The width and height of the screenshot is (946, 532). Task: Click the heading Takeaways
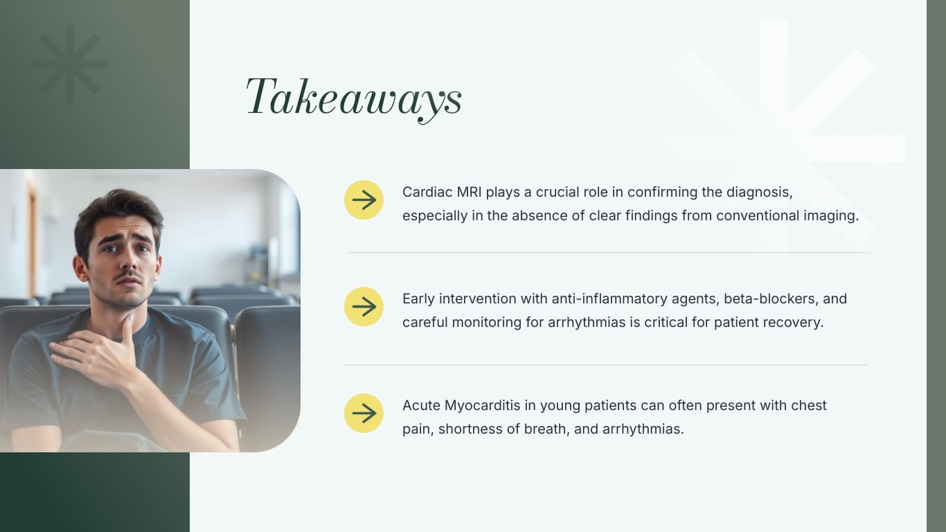point(354,98)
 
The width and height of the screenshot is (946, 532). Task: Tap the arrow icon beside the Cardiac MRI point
point(364,200)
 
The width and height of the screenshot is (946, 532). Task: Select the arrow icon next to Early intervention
point(364,307)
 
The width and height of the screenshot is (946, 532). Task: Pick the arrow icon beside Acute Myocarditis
point(364,414)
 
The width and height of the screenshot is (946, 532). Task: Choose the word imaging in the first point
point(830,215)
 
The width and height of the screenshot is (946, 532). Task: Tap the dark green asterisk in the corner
point(70,64)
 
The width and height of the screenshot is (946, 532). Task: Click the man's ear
point(81,269)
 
